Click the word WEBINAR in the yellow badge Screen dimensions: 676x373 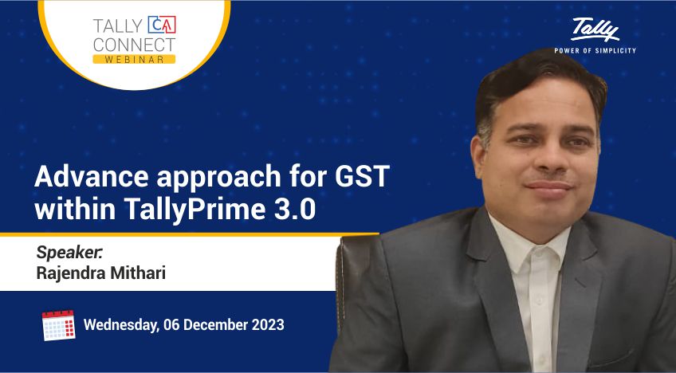click(x=134, y=60)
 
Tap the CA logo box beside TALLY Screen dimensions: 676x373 click(x=162, y=25)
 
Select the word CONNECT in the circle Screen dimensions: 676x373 click(x=134, y=45)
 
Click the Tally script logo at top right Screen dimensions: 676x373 click(x=595, y=29)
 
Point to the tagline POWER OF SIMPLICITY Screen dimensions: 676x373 click(x=595, y=50)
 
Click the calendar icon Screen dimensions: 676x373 click(x=59, y=325)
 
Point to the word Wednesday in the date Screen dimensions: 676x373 click(x=121, y=325)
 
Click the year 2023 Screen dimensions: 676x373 click(x=267, y=324)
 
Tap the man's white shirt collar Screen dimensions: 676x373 click(x=530, y=241)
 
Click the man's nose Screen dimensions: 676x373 click(x=550, y=153)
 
